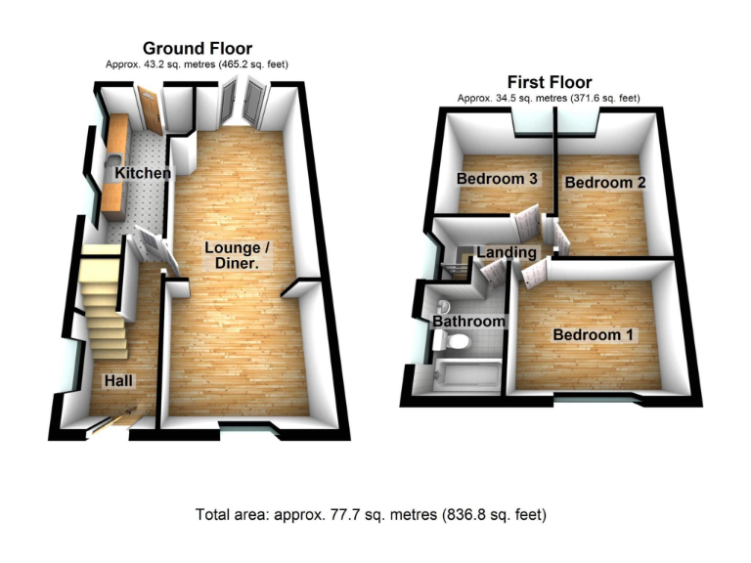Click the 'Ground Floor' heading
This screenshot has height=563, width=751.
[x=197, y=48]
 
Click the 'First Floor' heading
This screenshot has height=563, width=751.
[x=549, y=82]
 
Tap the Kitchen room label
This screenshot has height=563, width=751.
[x=143, y=173]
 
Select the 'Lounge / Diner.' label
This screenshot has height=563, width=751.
[x=237, y=255]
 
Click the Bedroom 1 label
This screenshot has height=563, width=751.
[x=593, y=335]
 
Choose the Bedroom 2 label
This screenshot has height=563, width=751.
[x=604, y=183]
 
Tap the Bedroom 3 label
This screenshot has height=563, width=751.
[x=497, y=179]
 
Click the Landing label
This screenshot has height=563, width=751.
[x=506, y=253]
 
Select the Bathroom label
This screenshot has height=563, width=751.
[x=468, y=322]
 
